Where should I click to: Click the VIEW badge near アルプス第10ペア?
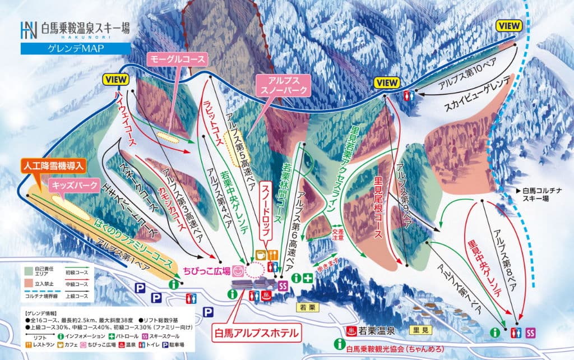pyautogui.click(x=509, y=25)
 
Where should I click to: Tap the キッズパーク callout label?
pyautogui.click(x=75, y=184)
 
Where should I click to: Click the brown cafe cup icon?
pyautogui.click(x=261, y=255)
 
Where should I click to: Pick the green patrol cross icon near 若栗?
pyautogui.click(x=308, y=278)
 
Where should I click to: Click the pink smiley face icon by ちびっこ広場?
pyautogui.click(x=239, y=271)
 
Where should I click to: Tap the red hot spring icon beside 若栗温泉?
pyautogui.click(x=353, y=329)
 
